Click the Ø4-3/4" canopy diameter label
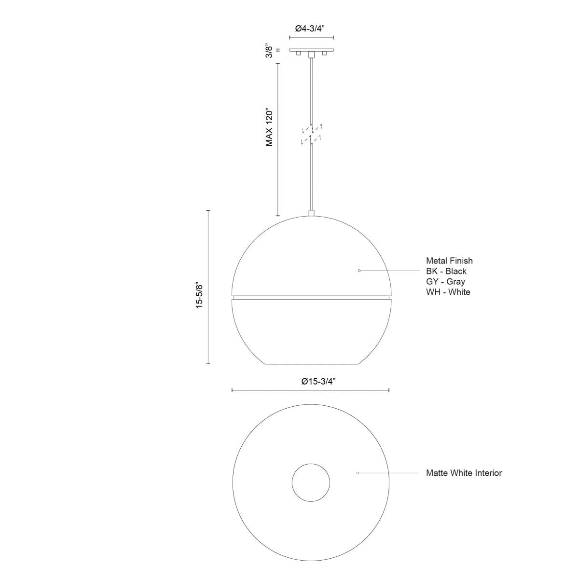coord(311,28)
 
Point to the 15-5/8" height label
coord(199,295)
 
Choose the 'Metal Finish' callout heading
coord(449,261)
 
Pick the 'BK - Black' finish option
coord(446,271)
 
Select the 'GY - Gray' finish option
coord(445,281)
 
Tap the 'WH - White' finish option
coord(448,292)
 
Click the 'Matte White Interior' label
coord(464,473)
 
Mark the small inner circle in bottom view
coord(311,482)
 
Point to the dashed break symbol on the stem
coord(311,134)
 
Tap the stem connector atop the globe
coord(311,213)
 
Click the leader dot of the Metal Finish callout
coord(359,271)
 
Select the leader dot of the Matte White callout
coord(357,473)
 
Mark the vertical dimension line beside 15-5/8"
coord(208,287)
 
